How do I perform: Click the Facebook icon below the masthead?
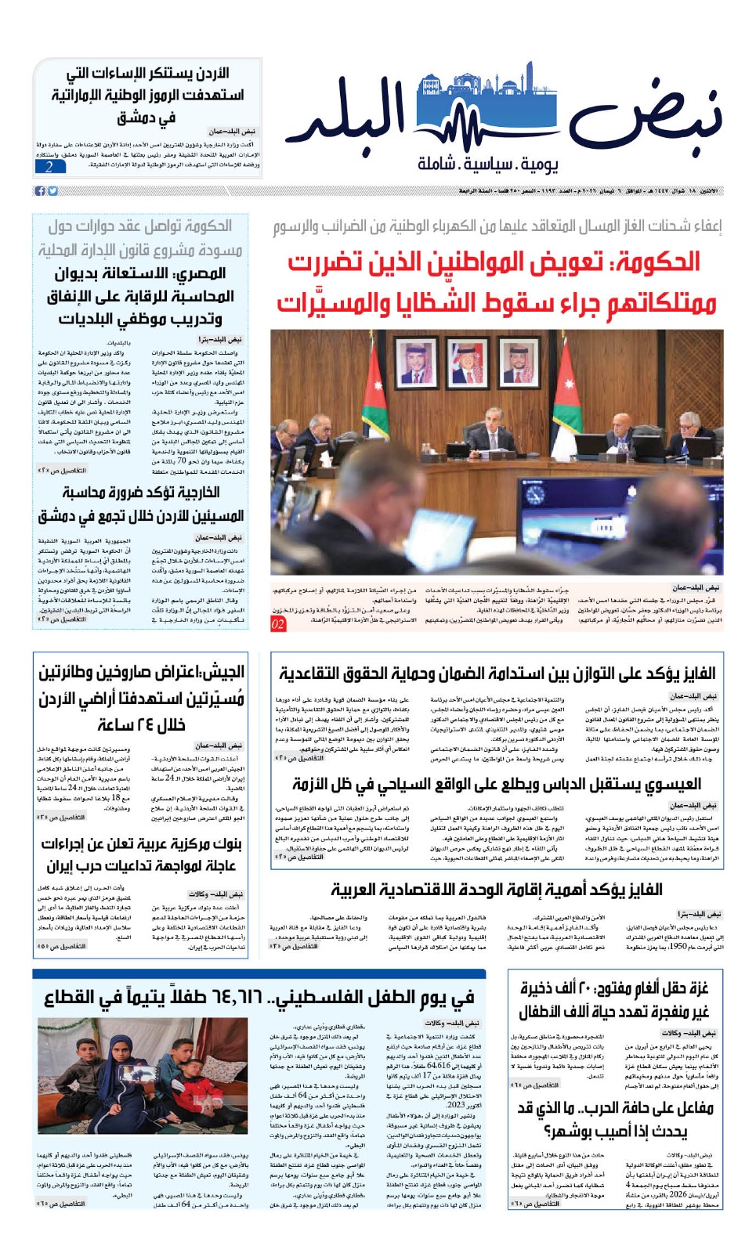click(x=40, y=191)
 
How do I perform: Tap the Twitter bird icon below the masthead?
click(x=52, y=191)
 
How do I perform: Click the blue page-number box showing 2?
click(x=49, y=167)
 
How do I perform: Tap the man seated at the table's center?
click(x=491, y=429)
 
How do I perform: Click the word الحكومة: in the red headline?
click(x=655, y=262)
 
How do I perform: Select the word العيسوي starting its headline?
click(x=674, y=784)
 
